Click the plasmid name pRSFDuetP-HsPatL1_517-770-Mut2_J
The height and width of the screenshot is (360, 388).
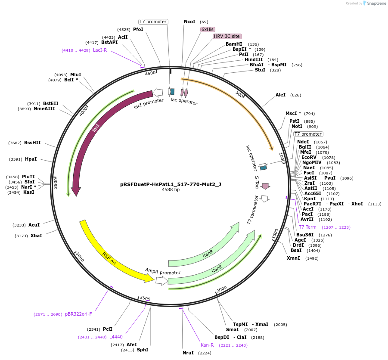click(171, 184)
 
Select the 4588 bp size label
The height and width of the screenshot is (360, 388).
click(171, 189)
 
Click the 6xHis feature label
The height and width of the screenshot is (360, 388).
click(207, 29)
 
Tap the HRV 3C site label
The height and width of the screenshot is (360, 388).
click(227, 36)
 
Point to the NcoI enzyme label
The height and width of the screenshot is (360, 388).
click(189, 22)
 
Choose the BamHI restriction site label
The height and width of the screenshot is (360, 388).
click(234, 44)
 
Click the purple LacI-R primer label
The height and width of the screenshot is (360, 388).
click(100, 50)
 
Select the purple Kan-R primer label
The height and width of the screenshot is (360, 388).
click(207, 345)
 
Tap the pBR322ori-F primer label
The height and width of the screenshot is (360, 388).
click(78, 314)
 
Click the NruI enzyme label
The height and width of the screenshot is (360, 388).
click(188, 353)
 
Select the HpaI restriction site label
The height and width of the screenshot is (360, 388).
click(31, 159)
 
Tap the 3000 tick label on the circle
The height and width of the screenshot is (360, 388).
click(80, 257)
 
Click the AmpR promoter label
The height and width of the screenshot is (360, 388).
click(163, 272)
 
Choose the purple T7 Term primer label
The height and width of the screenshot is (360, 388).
click(307, 227)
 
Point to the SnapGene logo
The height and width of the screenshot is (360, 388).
click(370, 3)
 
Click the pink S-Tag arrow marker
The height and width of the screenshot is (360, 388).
click(265, 186)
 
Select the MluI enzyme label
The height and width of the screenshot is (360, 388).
click(76, 74)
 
